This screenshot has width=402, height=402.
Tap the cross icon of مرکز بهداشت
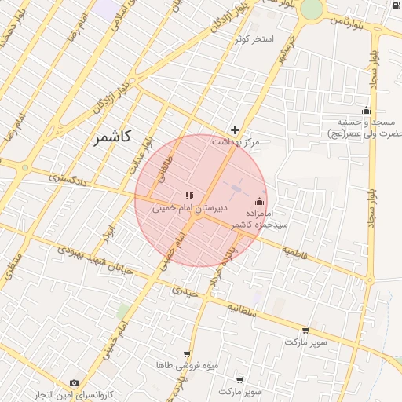coord(235,130)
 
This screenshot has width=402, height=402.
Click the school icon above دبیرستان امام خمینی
coord(188,196)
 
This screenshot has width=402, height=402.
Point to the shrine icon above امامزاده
coord(260,202)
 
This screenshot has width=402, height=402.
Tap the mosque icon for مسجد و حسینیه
coord(365,110)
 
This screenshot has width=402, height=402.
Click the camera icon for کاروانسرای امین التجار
coord(74,382)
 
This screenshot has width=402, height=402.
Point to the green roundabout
coord(311,8)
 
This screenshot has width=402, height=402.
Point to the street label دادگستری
coord(65,178)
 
